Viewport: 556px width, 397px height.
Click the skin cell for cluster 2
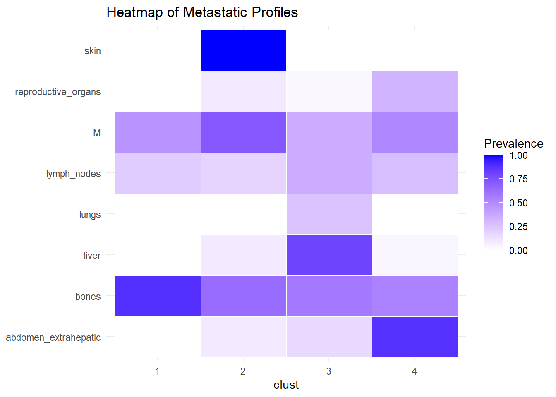(x=243, y=50)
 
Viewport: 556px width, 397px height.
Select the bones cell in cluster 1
(x=158, y=296)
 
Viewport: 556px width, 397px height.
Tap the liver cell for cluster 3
(x=329, y=255)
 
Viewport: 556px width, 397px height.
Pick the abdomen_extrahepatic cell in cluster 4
(x=415, y=337)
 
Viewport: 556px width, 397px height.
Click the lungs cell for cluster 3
(x=329, y=214)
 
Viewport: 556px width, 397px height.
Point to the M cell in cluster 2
(x=243, y=132)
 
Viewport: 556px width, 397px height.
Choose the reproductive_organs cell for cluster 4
(x=415, y=91)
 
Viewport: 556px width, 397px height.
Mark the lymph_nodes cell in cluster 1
(x=158, y=173)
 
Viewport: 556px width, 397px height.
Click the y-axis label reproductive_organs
(x=58, y=92)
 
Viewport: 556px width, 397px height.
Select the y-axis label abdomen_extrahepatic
(x=53, y=337)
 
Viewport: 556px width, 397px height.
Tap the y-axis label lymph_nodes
(x=73, y=174)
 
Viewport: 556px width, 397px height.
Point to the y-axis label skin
(x=92, y=51)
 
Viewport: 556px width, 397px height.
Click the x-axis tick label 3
(x=328, y=371)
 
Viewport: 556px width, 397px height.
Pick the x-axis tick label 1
(x=157, y=371)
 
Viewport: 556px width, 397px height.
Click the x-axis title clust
(x=286, y=385)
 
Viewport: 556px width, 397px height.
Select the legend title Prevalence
(x=513, y=143)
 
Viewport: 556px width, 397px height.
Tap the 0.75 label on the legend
(x=518, y=179)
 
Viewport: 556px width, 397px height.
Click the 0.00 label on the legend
(x=518, y=251)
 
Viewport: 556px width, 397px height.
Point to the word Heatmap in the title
(x=134, y=12)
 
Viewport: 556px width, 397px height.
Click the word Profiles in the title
(x=275, y=12)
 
